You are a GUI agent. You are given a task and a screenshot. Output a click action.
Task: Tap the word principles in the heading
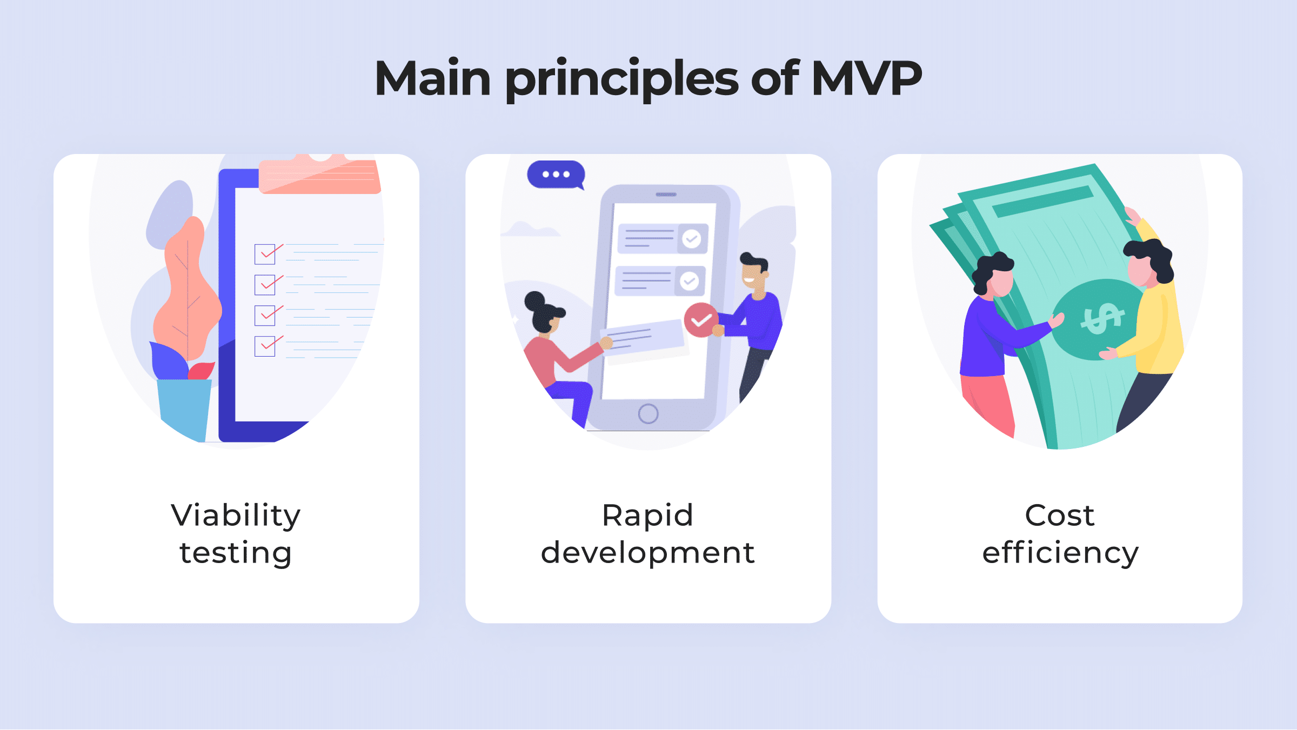pos(621,80)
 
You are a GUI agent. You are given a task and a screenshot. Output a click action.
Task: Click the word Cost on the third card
pos(1060,515)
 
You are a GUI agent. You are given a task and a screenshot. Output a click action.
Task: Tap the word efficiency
pos(1060,553)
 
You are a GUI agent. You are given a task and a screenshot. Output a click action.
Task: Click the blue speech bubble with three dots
pos(556,175)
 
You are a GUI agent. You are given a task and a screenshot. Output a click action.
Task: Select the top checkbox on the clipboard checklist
pos(265,254)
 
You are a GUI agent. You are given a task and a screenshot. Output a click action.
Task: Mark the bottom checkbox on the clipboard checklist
pos(265,346)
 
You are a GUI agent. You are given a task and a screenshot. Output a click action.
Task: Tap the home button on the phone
pos(648,414)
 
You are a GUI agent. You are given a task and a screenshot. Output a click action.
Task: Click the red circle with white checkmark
pos(701,320)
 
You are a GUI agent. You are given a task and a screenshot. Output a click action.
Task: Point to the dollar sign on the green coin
pos(1102,318)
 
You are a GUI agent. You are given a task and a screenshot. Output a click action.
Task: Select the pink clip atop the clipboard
pos(320,174)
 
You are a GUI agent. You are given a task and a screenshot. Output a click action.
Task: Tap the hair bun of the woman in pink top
pos(535,301)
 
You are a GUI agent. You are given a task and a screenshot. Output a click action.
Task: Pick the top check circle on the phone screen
pos(691,238)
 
